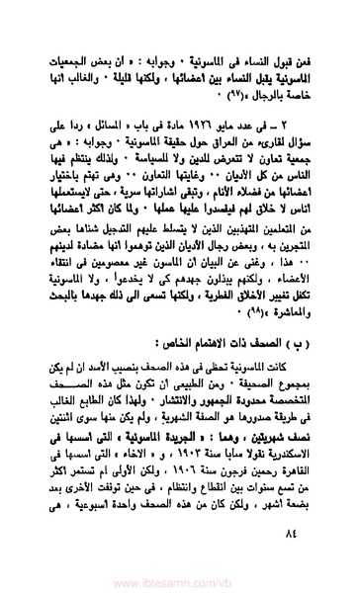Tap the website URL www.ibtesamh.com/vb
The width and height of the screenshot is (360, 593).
[x=179, y=582]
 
